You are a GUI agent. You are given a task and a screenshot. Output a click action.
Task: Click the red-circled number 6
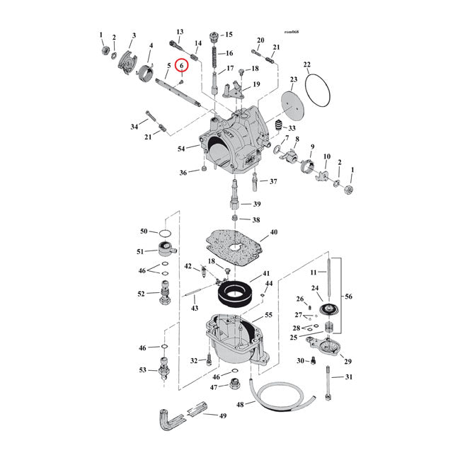(x=182, y=66)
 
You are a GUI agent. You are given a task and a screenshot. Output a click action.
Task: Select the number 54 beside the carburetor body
(x=182, y=148)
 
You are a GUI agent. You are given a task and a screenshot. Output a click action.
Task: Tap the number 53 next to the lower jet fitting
(x=142, y=369)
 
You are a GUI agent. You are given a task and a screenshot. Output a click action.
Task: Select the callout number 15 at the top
(x=228, y=35)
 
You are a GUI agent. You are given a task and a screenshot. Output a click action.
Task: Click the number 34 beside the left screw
(x=134, y=127)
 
